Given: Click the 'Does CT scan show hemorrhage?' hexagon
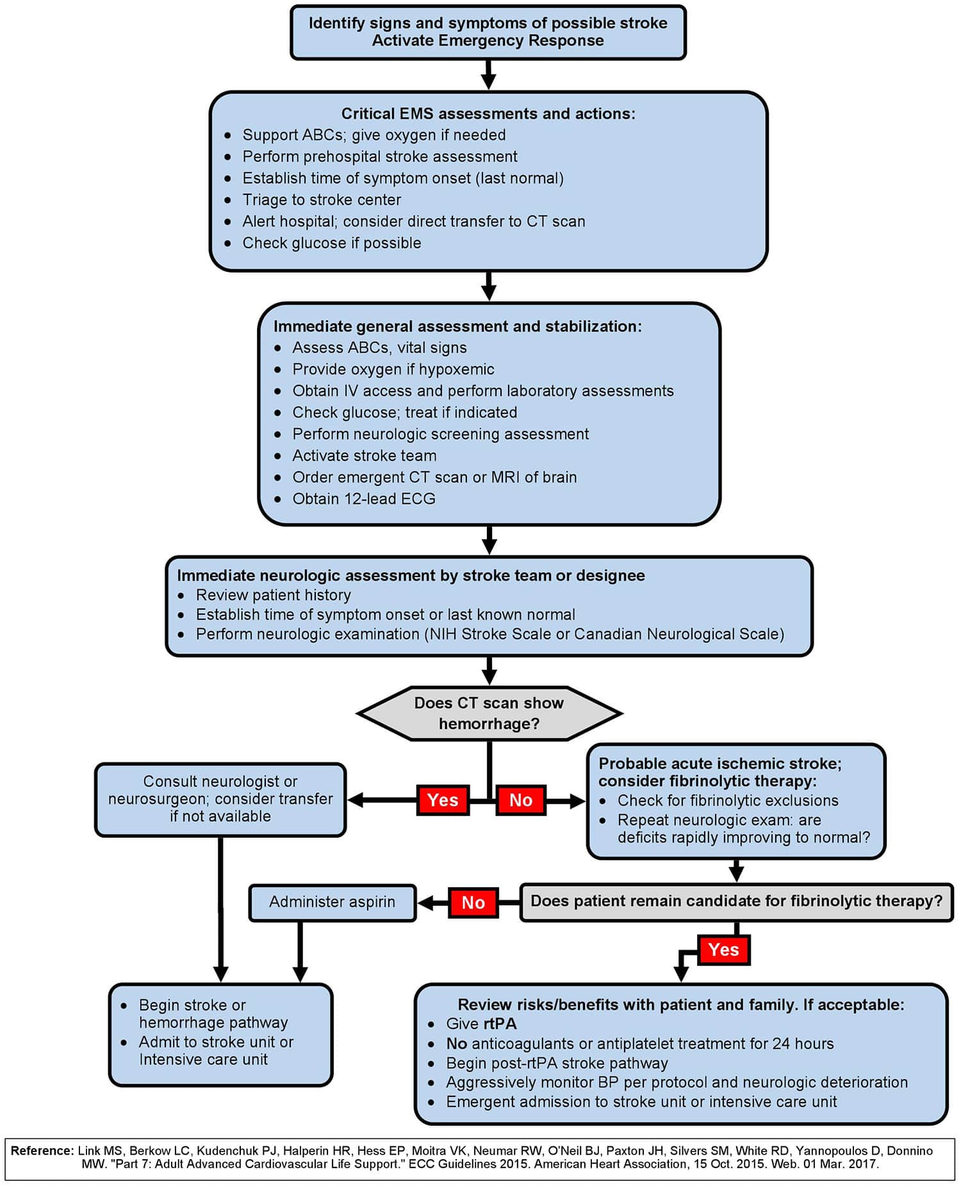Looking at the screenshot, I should [489, 714].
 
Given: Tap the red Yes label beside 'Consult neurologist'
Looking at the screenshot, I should [443, 800].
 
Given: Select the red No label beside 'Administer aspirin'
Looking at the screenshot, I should [473, 903].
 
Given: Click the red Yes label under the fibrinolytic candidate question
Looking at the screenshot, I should [723, 950].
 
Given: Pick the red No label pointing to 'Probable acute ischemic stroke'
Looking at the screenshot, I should [521, 800].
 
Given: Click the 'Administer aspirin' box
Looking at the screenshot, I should [332, 903].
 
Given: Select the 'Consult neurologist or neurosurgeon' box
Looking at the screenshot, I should [220, 799].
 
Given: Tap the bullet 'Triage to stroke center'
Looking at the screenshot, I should [322, 200].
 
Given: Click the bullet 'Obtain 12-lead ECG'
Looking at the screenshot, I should [364, 499].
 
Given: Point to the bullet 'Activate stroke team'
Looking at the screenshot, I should [365, 456].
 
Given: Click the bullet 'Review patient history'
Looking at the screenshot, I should [274, 596].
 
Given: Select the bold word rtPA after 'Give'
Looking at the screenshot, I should [500, 1024].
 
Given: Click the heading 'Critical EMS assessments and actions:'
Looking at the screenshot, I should [488, 114].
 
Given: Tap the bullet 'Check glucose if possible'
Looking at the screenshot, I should [332, 243].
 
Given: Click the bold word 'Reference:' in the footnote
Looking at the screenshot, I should [42, 1151].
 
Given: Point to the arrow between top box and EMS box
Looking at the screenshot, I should [489, 75].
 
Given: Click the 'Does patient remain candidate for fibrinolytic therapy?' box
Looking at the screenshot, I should [736, 901].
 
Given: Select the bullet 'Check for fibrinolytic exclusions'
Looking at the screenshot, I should [728, 801].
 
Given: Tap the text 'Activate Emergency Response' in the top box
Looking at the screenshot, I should [488, 41].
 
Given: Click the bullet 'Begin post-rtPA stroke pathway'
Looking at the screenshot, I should [557, 1063].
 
